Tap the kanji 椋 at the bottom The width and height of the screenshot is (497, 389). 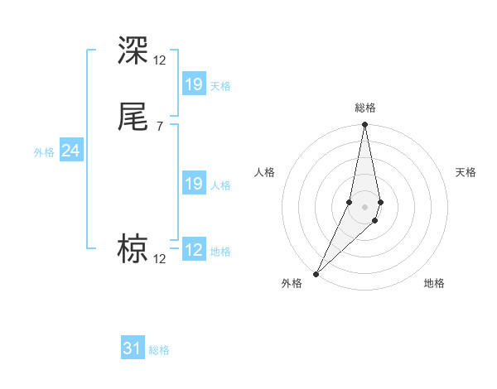tap(133, 248)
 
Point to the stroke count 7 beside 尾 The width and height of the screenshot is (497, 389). tap(159, 127)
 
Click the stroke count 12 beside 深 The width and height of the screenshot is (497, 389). tap(159, 60)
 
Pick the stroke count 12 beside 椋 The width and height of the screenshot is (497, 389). tap(159, 259)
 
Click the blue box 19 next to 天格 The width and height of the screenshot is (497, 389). tap(194, 84)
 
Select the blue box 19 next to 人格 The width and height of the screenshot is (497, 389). tap(194, 184)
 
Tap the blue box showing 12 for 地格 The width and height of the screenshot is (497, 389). tap(194, 250)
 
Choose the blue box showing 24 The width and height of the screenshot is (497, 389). tap(70, 151)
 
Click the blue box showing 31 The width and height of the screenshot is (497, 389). tap(133, 348)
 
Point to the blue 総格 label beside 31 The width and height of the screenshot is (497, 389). tap(159, 350)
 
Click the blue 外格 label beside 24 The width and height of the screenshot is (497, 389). tap(44, 152)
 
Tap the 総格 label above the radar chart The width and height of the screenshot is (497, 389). tap(365, 108)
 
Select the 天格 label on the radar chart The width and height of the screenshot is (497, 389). tap(466, 172)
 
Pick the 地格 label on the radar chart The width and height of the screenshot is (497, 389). tap(434, 283)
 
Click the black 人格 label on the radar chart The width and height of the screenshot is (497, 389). tap(264, 172)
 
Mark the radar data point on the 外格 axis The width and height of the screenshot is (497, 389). tap(316, 273)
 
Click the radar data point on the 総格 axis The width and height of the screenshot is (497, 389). tap(365, 125)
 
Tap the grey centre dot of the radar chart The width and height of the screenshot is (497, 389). tap(365, 207)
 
